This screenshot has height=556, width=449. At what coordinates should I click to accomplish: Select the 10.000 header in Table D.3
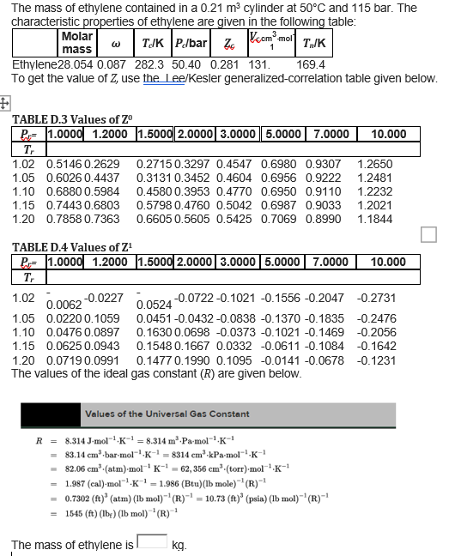point(388,134)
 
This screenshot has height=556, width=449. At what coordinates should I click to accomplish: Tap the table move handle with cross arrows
point(5,101)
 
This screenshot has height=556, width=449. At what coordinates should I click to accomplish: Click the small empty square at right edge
point(429,234)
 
